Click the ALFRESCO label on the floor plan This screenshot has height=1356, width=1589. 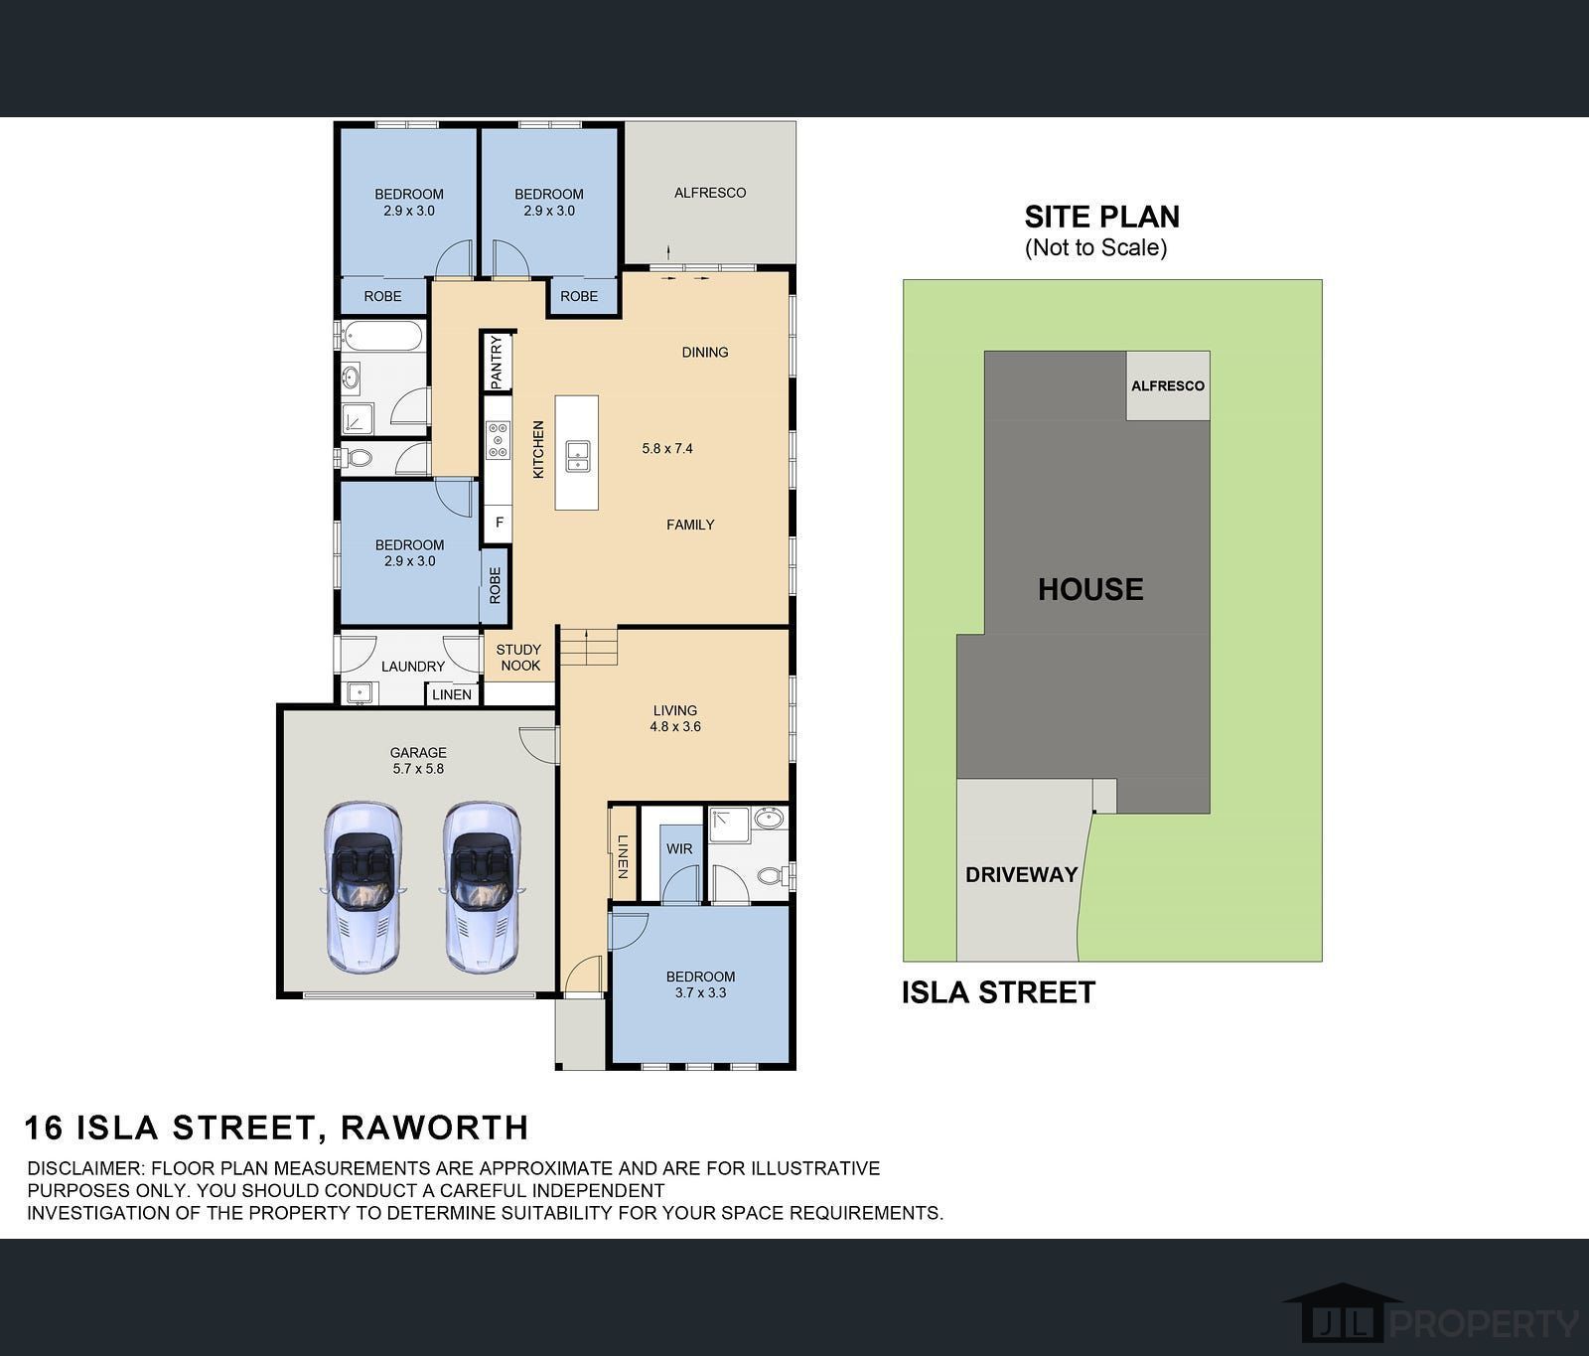pyautogui.click(x=709, y=193)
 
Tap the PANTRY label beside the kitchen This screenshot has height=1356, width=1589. pyautogui.click(x=497, y=362)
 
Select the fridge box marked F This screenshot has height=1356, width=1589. pyautogui.click(x=499, y=523)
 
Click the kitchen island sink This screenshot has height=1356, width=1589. pyautogui.click(x=577, y=455)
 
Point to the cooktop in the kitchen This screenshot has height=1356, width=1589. pyautogui.click(x=497, y=439)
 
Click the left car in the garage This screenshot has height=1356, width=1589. pyautogui.click(x=364, y=886)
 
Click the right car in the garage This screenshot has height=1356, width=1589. pyautogui.click(x=482, y=886)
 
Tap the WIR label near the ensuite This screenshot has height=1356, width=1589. pyautogui.click(x=679, y=848)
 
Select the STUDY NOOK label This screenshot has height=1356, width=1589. pyautogui.click(x=519, y=658)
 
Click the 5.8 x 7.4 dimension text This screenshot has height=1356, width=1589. pyautogui.click(x=667, y=448)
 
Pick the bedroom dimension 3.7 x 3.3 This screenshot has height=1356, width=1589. pyautogui.click(x=700, y=992)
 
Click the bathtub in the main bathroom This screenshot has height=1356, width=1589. pyautogui.click(x=382, y=336)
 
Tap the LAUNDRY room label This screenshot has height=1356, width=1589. pyautogui.click(x=413, y=667)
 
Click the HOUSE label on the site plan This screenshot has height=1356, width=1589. pyautogui.click(x=1090, y=589)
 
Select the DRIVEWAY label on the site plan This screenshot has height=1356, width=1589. pyautogui.click(x=1021, y=874)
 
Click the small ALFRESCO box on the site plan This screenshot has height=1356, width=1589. pyautogui.click(x=1167, y=385)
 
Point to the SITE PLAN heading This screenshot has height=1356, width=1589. pyautogui.click(x=1101, y=217)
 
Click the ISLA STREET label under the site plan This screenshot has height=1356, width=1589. pyautogui.click(x=998, y=992)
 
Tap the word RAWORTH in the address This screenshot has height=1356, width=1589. pyautogui.click(x=434, y=1128)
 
